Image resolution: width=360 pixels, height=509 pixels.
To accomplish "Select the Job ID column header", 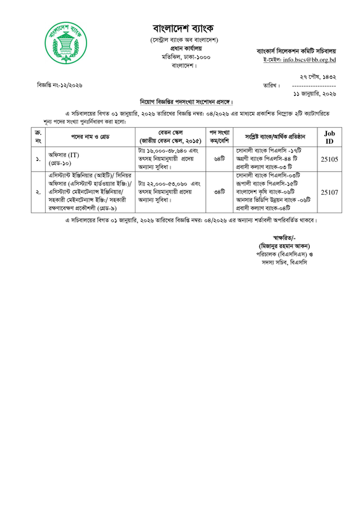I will click(x=329, y=136).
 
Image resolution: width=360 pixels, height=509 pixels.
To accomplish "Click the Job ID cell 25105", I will click(x=329, y=158).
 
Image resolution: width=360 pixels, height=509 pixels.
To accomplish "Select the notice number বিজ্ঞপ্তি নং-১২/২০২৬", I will click(x=60, y=85).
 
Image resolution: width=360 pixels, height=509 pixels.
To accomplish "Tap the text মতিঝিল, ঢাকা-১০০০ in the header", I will click(x=185, y=57).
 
